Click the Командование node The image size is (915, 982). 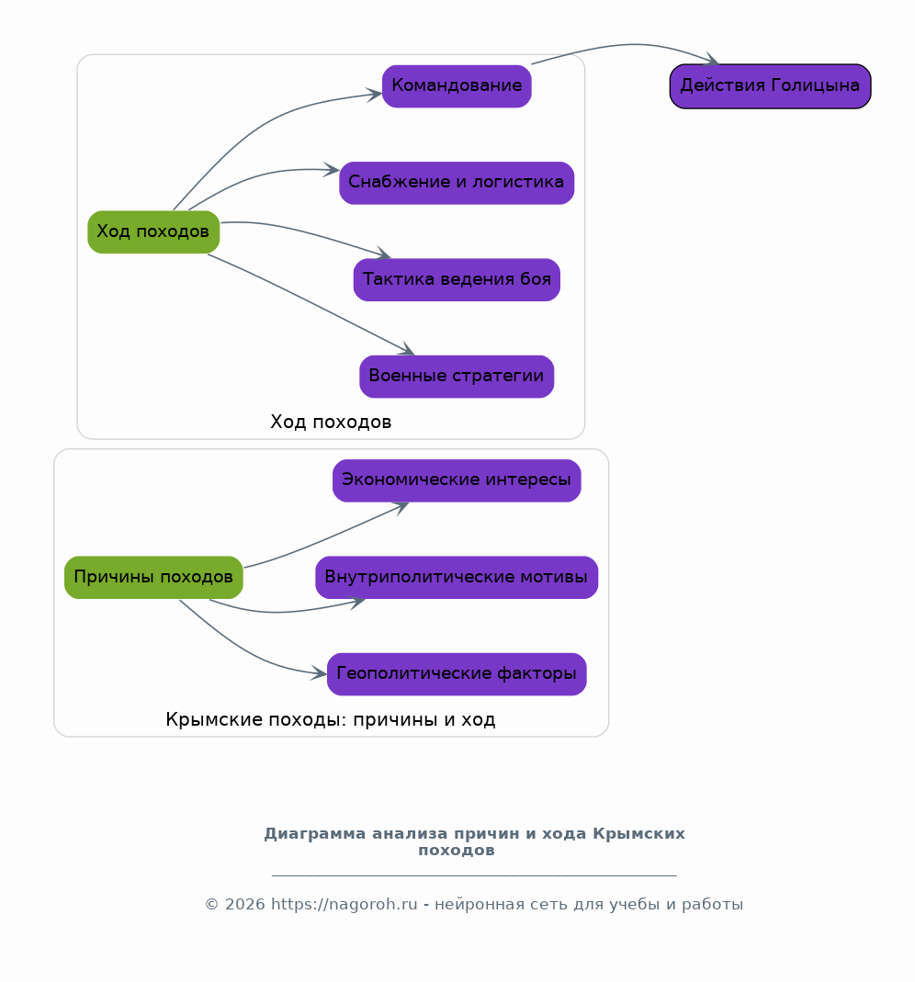[x=457, y=85]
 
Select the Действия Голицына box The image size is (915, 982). [x=770, y=85]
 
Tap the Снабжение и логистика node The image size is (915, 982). [x=457, y=183]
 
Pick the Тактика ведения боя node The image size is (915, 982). [x=457, y=279]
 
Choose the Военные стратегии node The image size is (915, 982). [x=457, y=377]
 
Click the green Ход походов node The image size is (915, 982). [x=153, y=231]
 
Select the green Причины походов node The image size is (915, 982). [x=153, y=577]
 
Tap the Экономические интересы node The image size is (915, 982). [x=457, y=480]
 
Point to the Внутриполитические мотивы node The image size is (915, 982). [x=457, y=577]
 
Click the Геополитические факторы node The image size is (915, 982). [x=457, y=674]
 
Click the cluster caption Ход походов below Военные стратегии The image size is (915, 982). [x=331, y=423]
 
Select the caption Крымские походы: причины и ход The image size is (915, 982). [x=331, y=719]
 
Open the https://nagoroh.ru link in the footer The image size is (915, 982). [x=344, y=904]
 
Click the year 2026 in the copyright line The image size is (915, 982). [x=245, y=904]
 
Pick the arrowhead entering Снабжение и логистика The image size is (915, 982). [x=332, y=170]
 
